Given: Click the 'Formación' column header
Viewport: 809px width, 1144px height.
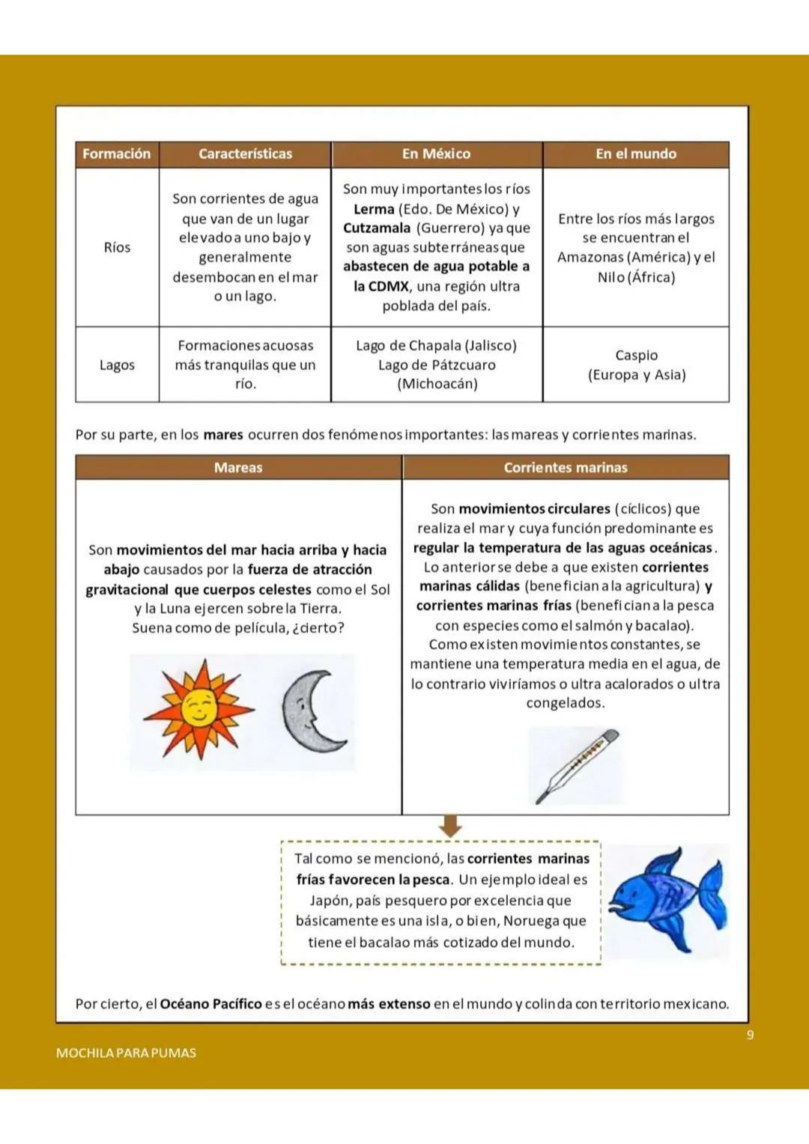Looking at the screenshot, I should coord(117,153).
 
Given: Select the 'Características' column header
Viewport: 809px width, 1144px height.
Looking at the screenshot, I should coord(245,153).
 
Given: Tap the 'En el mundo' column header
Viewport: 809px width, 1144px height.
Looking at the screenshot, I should coord(635,153).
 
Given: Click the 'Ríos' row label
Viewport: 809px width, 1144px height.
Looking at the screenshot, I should coord(117,247).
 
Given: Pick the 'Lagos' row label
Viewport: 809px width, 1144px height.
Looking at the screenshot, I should coord(117,365).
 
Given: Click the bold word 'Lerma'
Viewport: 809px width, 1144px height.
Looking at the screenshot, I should coord(374,209).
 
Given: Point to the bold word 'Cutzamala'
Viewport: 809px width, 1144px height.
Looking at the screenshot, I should coord(377,228).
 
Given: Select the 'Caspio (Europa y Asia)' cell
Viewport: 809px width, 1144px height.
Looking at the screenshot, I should coord(636,365).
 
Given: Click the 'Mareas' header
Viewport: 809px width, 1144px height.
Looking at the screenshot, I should coord(238,467).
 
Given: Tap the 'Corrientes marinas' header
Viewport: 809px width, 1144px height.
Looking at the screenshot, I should coord(566,467).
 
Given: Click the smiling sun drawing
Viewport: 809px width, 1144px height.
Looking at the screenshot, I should coord(199,708).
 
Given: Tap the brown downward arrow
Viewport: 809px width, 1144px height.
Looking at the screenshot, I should coord(449,827).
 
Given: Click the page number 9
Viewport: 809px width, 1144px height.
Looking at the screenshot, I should coord(750,1035).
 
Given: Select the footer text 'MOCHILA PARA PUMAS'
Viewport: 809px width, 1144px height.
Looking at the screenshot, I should coord(126,1053).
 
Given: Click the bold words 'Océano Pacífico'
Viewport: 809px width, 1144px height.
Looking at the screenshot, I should coord(210,1003).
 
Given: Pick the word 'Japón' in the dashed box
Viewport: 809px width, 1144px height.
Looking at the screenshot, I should coord(330,900).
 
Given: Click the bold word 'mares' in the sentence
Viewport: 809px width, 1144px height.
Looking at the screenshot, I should coord(223,434).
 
